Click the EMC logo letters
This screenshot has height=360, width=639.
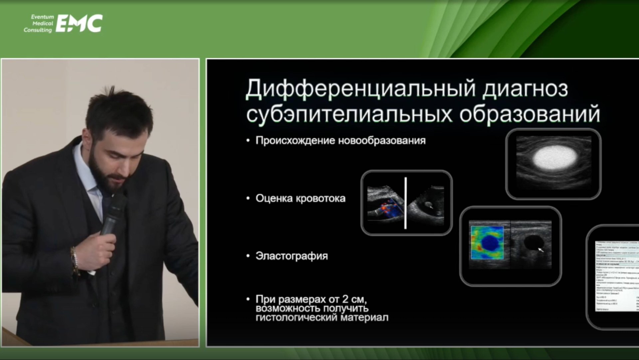(79, 23)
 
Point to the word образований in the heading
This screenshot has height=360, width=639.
(530, 114)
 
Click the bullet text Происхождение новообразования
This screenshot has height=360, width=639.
(340, 141)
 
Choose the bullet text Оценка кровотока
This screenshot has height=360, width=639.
(300, 198)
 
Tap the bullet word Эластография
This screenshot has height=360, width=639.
(292, 256)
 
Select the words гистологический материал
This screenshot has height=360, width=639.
(322, 317)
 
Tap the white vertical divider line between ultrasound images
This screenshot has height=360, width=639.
(405, 203)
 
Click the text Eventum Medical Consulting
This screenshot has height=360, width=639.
(39, 23)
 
